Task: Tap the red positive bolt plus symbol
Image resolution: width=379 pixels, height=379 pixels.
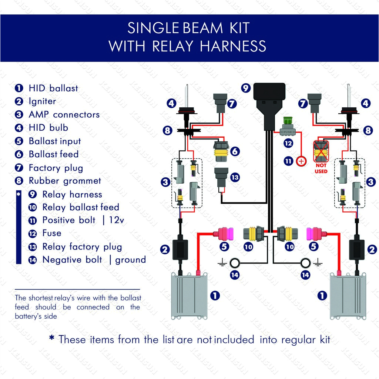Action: coord(301,161)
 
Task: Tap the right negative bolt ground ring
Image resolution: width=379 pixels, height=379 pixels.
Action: coord(305,263)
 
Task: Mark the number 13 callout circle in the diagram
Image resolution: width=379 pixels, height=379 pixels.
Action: coord(235,177)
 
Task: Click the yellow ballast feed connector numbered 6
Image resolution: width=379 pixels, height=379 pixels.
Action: coord(221,151)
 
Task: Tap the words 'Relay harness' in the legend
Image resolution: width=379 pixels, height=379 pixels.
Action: coord(72,194)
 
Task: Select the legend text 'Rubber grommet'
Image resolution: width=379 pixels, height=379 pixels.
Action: coord(65,181)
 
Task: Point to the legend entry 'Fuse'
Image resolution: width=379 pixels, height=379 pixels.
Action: coord(52,233)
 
